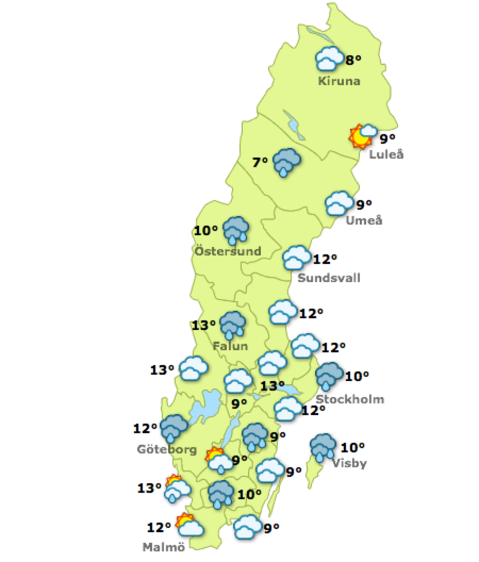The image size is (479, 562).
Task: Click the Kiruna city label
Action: tap(339, 81)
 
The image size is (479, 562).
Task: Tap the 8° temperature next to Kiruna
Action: tap(353, 59)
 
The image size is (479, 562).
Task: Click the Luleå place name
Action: tap(386, 154)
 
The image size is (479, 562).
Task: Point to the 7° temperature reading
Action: tap(260, 162)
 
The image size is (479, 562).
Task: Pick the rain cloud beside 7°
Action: tap(287, 162)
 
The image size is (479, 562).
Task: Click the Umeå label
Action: tap(364, 220)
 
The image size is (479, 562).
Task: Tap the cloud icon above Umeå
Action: tap(339, 204)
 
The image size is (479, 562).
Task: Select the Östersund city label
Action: tap(228, 251)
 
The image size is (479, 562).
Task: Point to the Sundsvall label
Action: tap(329, 278)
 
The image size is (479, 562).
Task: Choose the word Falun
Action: tap(230, 346)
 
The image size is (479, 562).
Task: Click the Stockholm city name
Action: tap(350, 399)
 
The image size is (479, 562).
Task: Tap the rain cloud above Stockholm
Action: tap(329, 375)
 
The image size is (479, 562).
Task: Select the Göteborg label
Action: tap(167, 449)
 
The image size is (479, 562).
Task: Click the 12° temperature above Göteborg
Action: tap(145, 428)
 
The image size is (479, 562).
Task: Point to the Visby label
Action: tap(350, 463)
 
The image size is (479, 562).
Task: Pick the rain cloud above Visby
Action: tap(323, 447)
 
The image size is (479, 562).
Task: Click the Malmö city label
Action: tap(164, 547)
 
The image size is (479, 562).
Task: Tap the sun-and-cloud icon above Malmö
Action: tap(189, 526)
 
